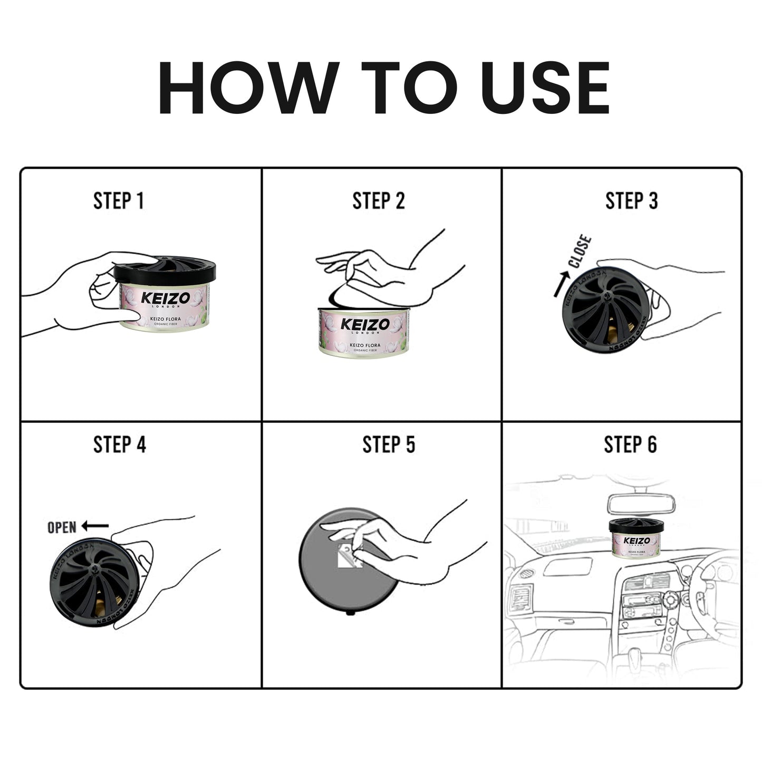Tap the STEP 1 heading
119,201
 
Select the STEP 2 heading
379,201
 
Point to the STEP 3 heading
631,201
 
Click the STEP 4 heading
120,445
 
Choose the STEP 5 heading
389,445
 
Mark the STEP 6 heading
630,445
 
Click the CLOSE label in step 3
581,252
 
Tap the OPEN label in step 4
62,527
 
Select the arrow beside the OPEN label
95,526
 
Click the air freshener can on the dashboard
636,539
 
